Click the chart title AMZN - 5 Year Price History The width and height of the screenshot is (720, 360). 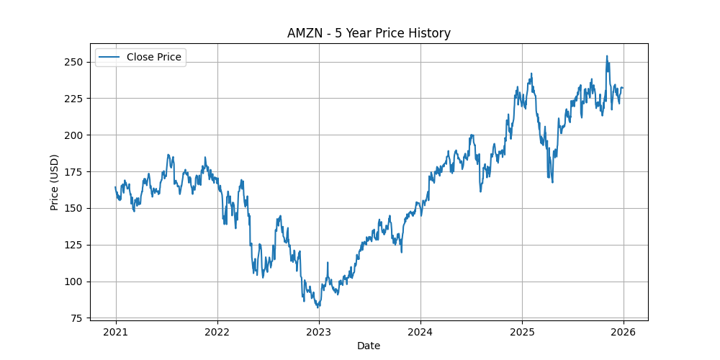click(369, 33)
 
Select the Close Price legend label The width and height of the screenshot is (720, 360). click(153, 57)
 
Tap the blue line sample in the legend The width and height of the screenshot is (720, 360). click(109, 57)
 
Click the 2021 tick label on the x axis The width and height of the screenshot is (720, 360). click(116, 332)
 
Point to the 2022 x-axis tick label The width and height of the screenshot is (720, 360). click(217, 332)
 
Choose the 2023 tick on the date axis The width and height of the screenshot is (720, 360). click(319, 332)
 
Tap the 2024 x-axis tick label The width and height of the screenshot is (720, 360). click(420, 332)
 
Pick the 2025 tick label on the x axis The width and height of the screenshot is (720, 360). click(522, 332)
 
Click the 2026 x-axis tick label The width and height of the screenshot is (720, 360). click(624, 332)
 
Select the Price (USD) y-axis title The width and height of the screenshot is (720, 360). click(55, 181)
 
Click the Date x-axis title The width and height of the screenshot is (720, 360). click(369, 346)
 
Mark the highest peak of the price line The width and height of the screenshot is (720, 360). click(607, 56)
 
